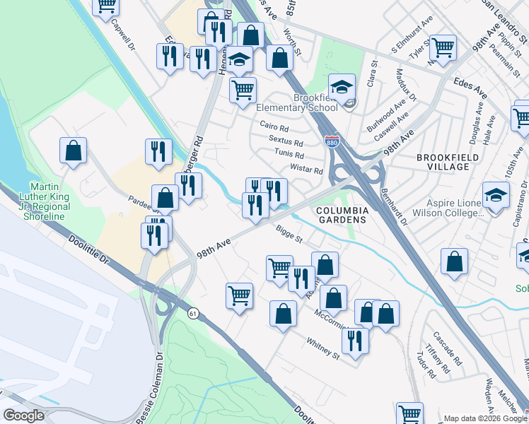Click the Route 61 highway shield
192,312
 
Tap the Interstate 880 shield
331,141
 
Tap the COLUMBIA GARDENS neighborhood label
342,215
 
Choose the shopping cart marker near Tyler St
443,48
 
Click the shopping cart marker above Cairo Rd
243,91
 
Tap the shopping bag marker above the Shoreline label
73,151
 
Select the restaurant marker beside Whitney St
354,341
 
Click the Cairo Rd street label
274,129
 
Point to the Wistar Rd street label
306,170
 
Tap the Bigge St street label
289,230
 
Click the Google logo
23,416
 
